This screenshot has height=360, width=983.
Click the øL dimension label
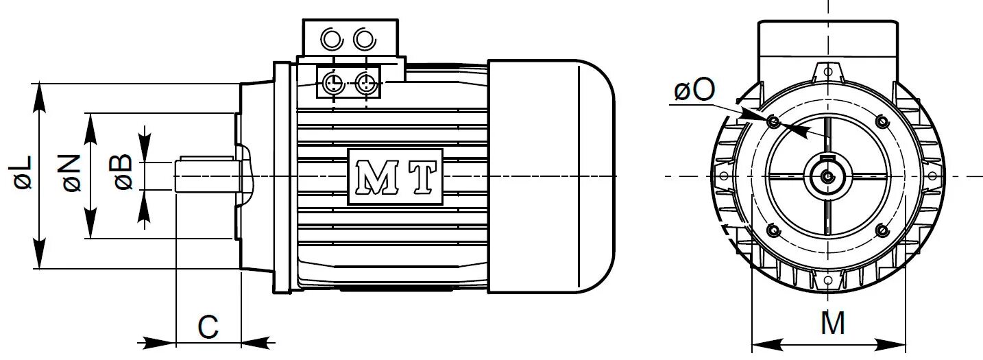coord(23,172)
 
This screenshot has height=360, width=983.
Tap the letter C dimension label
coord(208,328)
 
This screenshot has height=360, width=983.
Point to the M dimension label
coord(833,324)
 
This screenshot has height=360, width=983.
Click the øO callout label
coord(694,91)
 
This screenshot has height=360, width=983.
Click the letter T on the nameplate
coord(422,177)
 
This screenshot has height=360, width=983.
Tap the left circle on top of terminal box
coord(332,39)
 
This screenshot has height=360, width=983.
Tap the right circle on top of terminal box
coord(365,39)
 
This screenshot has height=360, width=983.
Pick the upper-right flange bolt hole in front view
coord(882,122)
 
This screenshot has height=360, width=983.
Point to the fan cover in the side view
coord(548,176)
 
